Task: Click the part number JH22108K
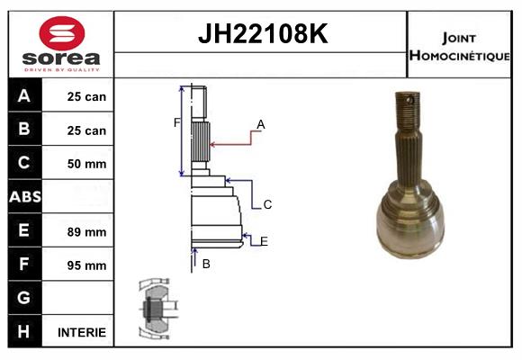click(263, 33)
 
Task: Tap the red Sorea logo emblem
click(62, 33)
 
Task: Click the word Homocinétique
click(459, 56)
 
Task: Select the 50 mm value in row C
click(86, 164)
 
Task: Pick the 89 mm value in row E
click(86, 232)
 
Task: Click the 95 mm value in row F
click(86, 265)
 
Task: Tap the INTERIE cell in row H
click(82, 332)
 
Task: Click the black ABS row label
click(25, 196)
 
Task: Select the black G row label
click(25, 298)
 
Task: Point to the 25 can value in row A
click(86, 96)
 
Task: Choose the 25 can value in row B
click(86, 130)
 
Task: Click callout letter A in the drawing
click(261, 124)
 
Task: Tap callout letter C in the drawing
click(267, 204)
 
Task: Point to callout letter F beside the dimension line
click(176, 123)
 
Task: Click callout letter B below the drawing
click(206, 264)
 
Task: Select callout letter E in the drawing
click(264, 241)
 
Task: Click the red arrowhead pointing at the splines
click(213, 145)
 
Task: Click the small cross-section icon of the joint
click(158, 309)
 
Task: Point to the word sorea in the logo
click(61, 58)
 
